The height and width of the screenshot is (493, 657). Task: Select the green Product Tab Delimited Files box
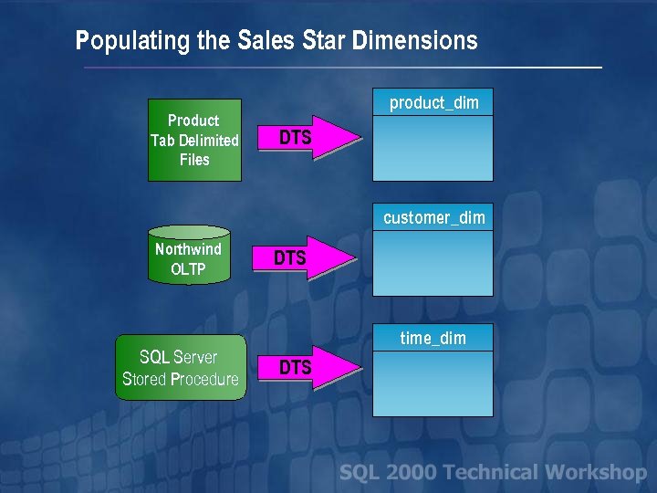(194, 140)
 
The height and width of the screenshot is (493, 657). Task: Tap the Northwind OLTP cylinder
(188, 256)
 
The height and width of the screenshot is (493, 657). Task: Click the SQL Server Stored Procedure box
(181, 368)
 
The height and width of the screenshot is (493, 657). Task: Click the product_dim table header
(433, 102)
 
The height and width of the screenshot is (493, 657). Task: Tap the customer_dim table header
(433, 217)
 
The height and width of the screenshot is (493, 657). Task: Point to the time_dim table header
(433, 338)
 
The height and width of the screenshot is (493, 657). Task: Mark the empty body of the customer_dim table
(433, 263)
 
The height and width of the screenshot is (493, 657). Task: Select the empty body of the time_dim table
(433, 383)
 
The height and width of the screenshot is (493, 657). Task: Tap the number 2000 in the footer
(410, 472)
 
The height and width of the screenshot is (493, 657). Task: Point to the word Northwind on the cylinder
(188, 249)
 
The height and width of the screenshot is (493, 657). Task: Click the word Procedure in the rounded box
(204, 379)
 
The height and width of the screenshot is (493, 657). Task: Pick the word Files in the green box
(194, 160)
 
